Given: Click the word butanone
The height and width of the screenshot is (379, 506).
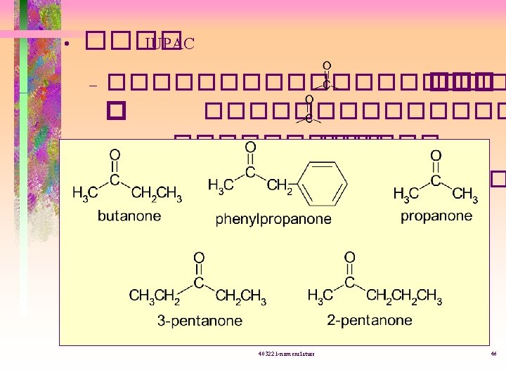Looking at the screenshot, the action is [x=129, y=216].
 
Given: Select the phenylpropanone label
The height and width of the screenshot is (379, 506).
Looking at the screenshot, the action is [x=273, y=219].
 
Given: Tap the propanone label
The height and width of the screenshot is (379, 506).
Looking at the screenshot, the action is [x=436, y=216].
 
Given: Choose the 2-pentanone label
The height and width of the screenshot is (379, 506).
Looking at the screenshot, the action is [x=370, y=320].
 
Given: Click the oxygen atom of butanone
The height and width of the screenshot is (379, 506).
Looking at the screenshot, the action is [x=115, y=155].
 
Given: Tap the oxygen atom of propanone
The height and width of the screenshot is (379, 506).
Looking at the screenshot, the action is [x=436, y=155].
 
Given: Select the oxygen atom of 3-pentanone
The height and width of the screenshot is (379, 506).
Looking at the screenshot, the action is [x=199, y=258].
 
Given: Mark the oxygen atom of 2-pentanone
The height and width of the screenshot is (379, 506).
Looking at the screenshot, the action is [x=349, y=258].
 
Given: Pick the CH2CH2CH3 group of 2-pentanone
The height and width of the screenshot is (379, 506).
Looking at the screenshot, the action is [x=404, y=298].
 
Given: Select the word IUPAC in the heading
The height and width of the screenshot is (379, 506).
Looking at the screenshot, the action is [x=169, y=43].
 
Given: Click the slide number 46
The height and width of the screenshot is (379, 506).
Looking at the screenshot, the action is [x=493, y=354].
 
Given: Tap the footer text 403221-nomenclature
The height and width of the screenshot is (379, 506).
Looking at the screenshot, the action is [x=286, y=354].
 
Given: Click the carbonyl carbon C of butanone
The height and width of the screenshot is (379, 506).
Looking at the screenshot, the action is [x=115, y=181].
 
